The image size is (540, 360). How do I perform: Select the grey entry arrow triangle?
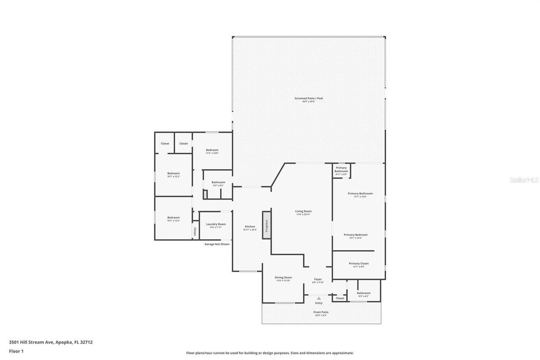point(319,298)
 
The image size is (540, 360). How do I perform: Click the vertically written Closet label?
point(195,231)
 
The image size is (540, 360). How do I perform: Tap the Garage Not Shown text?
point(217,244)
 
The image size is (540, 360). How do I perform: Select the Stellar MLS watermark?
point(524,180)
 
